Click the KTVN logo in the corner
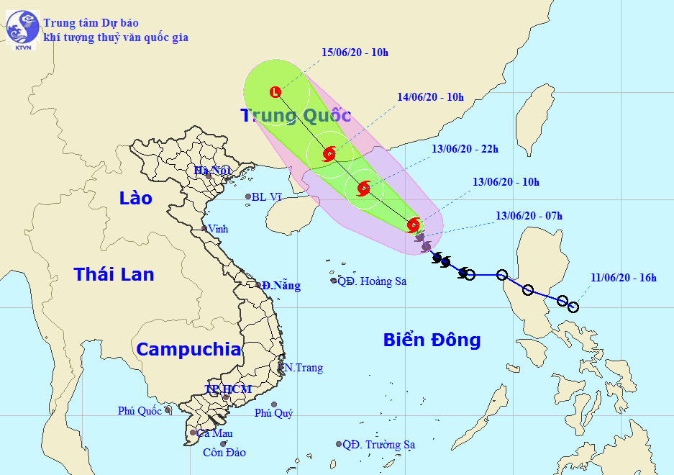[x=21, y=30]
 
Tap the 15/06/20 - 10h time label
[x=355, y=52]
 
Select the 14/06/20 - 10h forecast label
[x=431, y=97]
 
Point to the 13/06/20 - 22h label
[x=465, y=149]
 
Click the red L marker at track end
[x=275, y=91]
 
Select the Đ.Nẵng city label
[x=281, y=286]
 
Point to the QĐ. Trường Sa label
[x=379, y=445]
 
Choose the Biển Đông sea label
[x=432, y=340]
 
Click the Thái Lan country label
[x=114, y=273]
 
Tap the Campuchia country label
[x=188, y=350]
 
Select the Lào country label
[x=137, y=197]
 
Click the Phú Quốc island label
[x=140, y=411]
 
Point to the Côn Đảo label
[x=224, y=453]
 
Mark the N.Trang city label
[x=304, y=368]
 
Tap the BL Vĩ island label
[x=268, y=196]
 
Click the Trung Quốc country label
[x=296, y=115]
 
